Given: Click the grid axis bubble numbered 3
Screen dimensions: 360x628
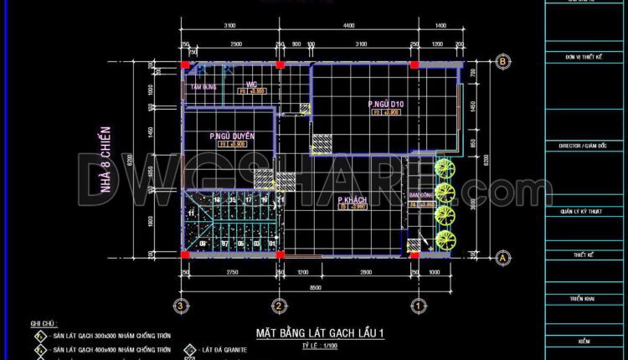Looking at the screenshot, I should [178, 304].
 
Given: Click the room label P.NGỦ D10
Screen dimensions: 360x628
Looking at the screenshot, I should [386, 104].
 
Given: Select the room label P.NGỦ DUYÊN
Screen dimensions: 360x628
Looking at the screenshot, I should [232, 136].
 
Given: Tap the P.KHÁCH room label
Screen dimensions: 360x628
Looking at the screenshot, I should [354, 199].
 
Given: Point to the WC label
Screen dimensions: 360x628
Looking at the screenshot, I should [250, 84].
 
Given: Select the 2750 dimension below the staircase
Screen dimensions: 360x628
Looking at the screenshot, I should [233, 273].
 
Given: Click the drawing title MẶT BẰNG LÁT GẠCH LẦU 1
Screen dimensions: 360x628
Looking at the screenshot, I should [320, 333].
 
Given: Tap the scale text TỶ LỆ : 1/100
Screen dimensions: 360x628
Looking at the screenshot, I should [319, 345].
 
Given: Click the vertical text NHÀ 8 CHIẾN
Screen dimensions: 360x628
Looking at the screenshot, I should [106, 160].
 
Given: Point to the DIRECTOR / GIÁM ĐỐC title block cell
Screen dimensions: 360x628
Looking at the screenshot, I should [584, 145].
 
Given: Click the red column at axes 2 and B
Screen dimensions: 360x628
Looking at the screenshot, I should [281, 63].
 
